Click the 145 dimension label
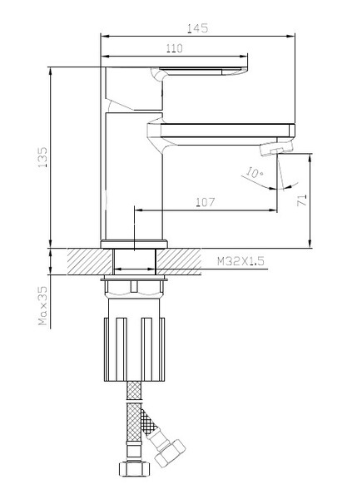click(x=197, y=28)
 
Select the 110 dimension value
click(x=175, y=48)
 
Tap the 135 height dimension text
click(x=42, y=157)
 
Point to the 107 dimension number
click(x=206, y=202)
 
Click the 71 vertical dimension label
click(x=302, y=200)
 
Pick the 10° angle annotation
click(x=255, y=172)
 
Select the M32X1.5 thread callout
click(x=241, y=261)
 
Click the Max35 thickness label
click(x=42, y=306)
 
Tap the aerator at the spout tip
click(x=276, y=148)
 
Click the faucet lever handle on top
click(x=199, y=72)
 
